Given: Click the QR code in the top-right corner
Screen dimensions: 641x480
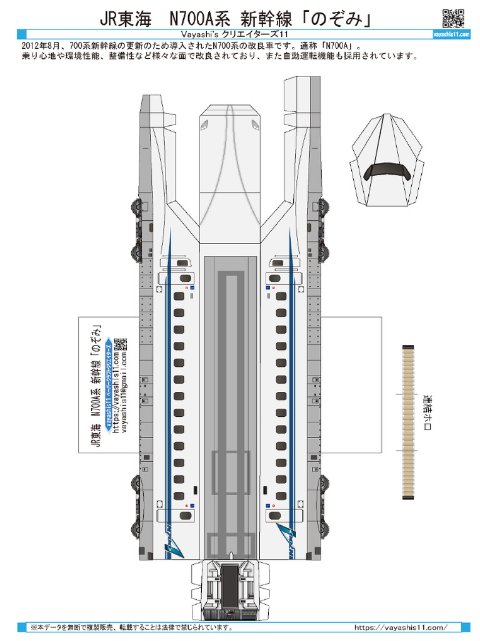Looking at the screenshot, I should pyautogui.click(x=452, y=19).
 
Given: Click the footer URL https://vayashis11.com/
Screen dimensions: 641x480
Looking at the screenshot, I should pyautogui.click(x=401, y=627).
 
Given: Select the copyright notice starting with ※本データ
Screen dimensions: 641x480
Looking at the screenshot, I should pyautogui.click(x=132, y=627).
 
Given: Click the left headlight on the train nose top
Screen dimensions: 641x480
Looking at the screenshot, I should pyautogui.click(x=204, y=126).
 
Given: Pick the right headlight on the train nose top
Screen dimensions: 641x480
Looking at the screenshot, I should pyautogui.click(x=254, y=126).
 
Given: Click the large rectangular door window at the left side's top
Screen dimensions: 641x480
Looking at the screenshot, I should pyautogui.click(x=186, y=278).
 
